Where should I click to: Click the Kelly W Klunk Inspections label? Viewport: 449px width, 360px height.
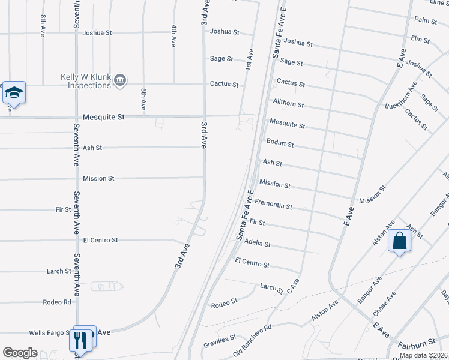(x=86, y=81)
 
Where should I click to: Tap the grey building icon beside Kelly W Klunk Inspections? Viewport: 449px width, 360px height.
(x=120, y=80)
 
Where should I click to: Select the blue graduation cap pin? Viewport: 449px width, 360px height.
(x=14, y=93)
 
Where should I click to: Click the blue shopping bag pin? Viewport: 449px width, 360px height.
(x=400, y=241)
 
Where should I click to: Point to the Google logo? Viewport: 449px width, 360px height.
(x=20, y=353)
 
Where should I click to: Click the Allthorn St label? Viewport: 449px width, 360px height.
(x=288, y=104)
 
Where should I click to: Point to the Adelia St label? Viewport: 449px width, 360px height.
(x=258, y=244)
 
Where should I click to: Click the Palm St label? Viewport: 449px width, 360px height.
(x=426, y=20)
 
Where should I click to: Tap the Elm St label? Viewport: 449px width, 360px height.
(x=420, y=40)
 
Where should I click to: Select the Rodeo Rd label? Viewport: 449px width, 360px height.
(x=57, y=302)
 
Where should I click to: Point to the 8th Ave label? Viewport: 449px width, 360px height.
(x=43, y=26)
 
